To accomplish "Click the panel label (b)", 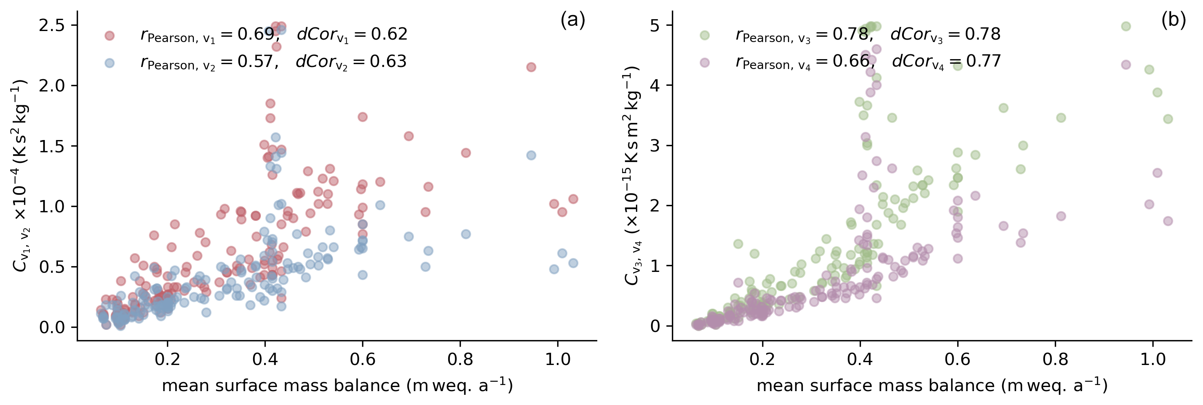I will point(1173,20).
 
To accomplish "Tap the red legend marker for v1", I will point(109,36).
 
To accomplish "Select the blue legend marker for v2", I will point(109,63).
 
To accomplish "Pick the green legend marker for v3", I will point(705,36).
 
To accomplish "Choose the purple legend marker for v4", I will point(705,62).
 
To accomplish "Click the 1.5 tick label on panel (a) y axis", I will point(52,146).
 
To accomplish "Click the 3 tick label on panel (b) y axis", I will point(656,146).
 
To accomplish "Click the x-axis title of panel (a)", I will point(337,385).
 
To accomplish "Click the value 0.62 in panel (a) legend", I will point(389,34).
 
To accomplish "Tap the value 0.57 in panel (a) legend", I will point(254,61).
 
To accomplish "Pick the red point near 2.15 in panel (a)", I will point(531,67).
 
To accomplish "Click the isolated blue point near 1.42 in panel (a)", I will point(531,155).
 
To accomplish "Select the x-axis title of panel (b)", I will point(932,385).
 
